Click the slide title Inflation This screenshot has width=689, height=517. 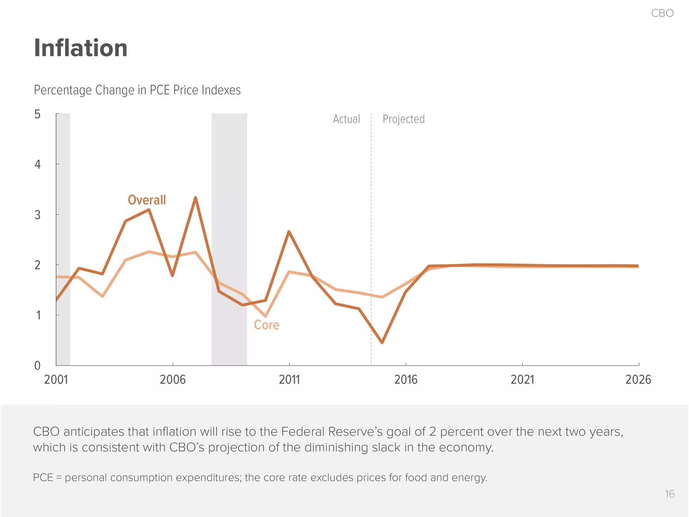click(81, 48)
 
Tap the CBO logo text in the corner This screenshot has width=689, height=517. click(662, 13)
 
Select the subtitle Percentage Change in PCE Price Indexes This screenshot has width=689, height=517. click(137, 90)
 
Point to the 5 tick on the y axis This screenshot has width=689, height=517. click(37, 114)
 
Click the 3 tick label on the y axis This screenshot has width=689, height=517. click(37, 215)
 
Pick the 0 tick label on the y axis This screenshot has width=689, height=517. click(37, 366)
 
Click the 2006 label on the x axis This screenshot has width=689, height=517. click(173, 380)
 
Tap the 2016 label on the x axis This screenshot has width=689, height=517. click(406, 380)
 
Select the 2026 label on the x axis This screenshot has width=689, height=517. click(638, 380)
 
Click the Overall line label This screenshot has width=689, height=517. click(147, 200)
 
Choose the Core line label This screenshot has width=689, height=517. click(266, 325)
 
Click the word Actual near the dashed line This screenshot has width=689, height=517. click(346, 119)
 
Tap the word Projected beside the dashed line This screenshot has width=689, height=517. click(403, 119)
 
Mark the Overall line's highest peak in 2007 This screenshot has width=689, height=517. click(195, 198)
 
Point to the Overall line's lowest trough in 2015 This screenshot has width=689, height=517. click(382, 342)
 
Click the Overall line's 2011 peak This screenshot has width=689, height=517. click(289, 232)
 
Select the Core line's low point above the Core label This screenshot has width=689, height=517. click(265, 316)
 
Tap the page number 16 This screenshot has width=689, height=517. click(669, 494)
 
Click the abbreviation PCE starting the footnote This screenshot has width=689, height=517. click(43, 478)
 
